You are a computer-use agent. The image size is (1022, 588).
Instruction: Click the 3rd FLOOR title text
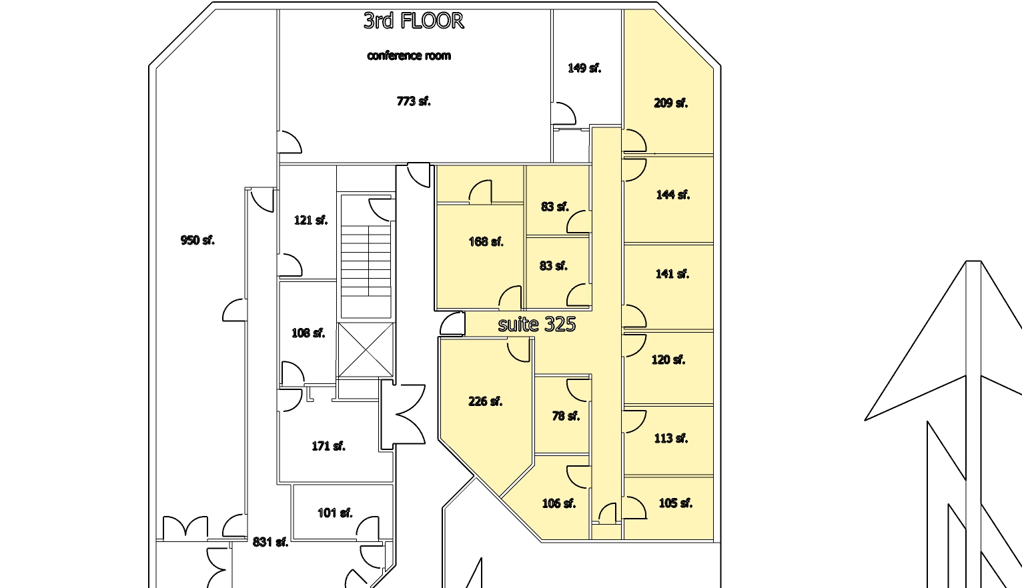point(414,21)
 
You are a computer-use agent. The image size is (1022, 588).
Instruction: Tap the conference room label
point(409,55)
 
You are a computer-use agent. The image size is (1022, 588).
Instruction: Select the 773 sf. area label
point(414,101)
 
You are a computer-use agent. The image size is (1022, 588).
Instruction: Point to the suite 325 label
point(536,324)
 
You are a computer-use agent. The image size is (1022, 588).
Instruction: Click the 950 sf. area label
point(197,240)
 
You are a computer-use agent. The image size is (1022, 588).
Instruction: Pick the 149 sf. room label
point(584,69)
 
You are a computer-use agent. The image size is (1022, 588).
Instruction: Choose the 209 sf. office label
point(670,103)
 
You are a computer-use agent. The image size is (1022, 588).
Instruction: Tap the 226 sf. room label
point(486,401)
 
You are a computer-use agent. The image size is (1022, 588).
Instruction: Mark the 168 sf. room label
point(486,241)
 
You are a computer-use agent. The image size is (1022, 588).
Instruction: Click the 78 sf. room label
point(566,416)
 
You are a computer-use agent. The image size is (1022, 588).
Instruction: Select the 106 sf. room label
point(559,504)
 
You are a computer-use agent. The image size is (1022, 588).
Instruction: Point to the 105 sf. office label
point(676,503)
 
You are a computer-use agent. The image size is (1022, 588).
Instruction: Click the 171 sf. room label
point(328,446)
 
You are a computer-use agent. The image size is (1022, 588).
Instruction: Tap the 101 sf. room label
point(336,513)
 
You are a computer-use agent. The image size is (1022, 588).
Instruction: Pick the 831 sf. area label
point(271,542)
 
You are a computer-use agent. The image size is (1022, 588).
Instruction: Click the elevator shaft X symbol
point(366,349)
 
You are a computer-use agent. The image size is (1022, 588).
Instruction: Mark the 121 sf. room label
point(311,221)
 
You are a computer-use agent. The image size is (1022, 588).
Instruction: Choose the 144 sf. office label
point(673,195)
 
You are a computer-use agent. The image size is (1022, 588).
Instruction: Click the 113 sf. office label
point(670,439)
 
